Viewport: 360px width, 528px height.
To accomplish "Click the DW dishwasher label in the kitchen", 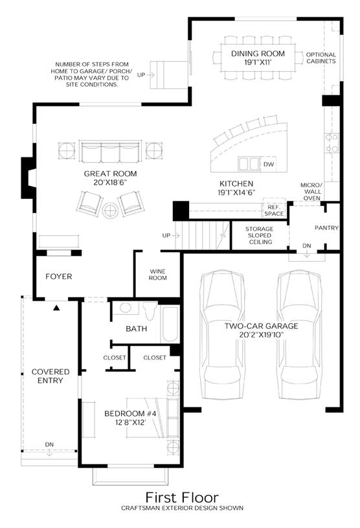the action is click(x=269, y=165).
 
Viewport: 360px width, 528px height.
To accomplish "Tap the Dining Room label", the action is click(x=258, y=54).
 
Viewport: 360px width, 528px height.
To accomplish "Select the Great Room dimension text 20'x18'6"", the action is click(x=110, y=183).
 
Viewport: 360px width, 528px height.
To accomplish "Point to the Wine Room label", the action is click(x=158, y=275).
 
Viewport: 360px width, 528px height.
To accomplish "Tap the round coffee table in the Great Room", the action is click(x=110, y=211).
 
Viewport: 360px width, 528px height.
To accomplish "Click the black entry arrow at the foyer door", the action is click(x=56, y=308).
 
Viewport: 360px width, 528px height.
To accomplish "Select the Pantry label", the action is click(x=326, y=228).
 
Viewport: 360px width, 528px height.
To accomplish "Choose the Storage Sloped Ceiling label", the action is click(x=260, y=235).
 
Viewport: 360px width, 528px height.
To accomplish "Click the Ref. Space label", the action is click(x=274, y=211).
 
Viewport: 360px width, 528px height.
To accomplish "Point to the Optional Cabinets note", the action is click(x=321, y=58).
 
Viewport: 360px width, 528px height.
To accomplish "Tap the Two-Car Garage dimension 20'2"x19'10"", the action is click(x=262, y=335).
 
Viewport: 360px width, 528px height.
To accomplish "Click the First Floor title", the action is click(x=182, y=498).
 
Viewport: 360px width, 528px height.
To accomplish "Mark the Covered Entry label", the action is click(x=51, y=376).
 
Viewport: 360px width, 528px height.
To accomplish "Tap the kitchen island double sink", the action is click(x=249, y=164).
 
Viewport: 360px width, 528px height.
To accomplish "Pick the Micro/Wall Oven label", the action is click(x=311, y=192).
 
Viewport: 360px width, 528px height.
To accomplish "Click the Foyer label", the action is click(x=59, y=277).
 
